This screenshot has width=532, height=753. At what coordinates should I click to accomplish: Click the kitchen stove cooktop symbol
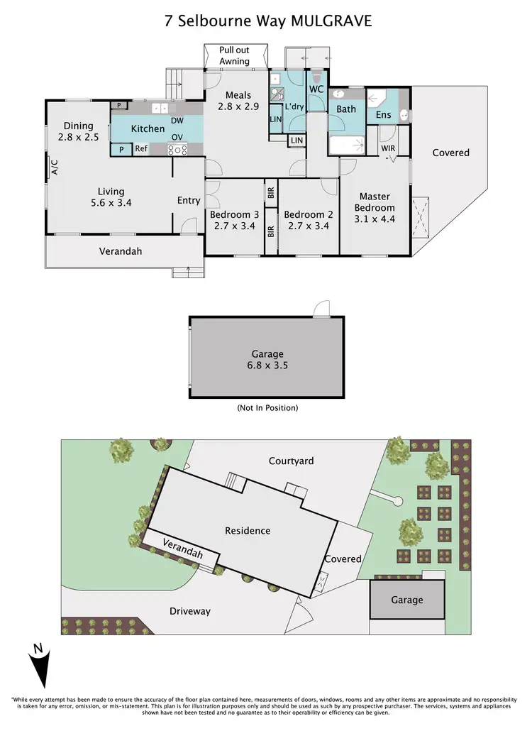click(177, 149)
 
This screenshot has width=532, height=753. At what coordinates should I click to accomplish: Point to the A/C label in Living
click(54, 166)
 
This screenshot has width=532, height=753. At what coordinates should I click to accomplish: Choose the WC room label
click(316, 89)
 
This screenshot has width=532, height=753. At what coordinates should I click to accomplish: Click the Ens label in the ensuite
click(383, 114)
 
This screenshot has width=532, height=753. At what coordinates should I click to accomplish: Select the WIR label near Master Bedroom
click(388, 148)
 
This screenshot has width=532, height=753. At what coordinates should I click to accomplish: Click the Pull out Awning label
click(235, 56)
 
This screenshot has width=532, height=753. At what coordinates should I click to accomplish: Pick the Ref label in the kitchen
click(141, 149)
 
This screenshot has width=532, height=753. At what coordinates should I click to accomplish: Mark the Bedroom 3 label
click(234, 221)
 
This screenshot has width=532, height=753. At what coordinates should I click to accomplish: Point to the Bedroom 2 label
click(308, 221)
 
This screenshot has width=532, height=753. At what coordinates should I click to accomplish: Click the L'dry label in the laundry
click(294, 106)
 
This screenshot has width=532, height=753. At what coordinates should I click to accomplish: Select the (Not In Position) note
click(267, 408)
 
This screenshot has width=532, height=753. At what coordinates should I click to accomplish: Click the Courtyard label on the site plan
click(291, 461)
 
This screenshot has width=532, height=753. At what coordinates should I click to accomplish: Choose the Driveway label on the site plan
click(189, 611)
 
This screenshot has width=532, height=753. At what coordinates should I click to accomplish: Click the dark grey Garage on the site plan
click(407, 600)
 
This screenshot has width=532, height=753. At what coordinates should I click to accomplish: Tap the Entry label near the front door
click(189, 201)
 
